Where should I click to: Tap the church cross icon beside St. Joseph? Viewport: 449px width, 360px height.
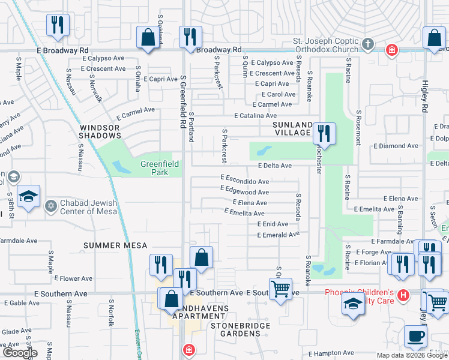368,45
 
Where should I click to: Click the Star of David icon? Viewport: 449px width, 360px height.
51,206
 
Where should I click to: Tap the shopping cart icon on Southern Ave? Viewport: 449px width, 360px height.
280,289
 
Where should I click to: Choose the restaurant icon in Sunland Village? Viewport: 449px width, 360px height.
324,134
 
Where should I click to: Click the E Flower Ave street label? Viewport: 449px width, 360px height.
75,278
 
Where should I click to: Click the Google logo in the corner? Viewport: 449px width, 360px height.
19,353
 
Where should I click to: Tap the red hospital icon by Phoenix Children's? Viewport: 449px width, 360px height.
403,295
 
